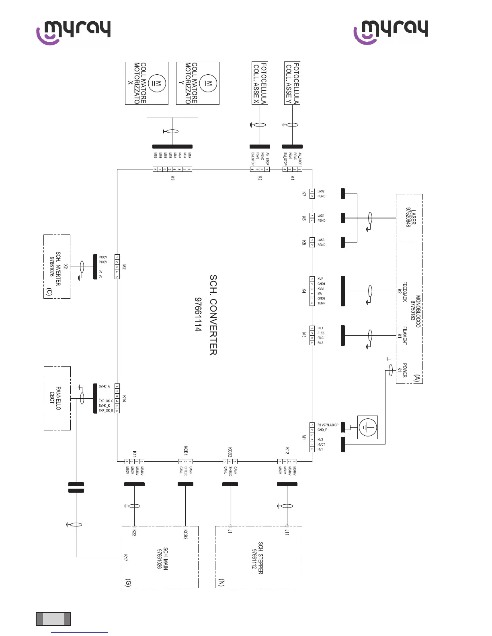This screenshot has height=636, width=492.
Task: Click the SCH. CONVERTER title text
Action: pos(213,315)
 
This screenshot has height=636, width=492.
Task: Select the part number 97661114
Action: pos(198,315)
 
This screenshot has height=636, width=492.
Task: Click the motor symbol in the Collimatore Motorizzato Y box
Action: pos(208,84)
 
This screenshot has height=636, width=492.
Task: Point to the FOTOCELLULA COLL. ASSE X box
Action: pos(260,83)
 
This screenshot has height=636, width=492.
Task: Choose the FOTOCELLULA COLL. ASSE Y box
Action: pos(292,83)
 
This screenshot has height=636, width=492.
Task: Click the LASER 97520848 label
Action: pos(411,217)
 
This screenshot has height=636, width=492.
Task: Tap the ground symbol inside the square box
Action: pos(367,427)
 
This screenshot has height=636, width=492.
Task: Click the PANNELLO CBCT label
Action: pos(55,398)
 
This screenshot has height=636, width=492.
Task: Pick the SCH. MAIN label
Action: pos(162,558)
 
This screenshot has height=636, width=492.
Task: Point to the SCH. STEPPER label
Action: pos(257,558)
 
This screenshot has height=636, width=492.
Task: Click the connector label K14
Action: pos(124,398)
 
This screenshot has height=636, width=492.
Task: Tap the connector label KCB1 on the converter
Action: pos(186,450)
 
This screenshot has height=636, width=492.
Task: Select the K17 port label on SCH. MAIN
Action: pos(125,557)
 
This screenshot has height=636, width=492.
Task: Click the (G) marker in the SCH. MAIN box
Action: pos(128,583)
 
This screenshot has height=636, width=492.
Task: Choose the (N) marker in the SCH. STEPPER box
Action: pos(221,583)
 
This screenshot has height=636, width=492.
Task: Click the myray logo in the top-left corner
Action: pos(73,32)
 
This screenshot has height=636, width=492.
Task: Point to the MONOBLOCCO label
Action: pos(418,312)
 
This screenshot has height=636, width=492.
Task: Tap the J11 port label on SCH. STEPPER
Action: pos(287,532)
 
